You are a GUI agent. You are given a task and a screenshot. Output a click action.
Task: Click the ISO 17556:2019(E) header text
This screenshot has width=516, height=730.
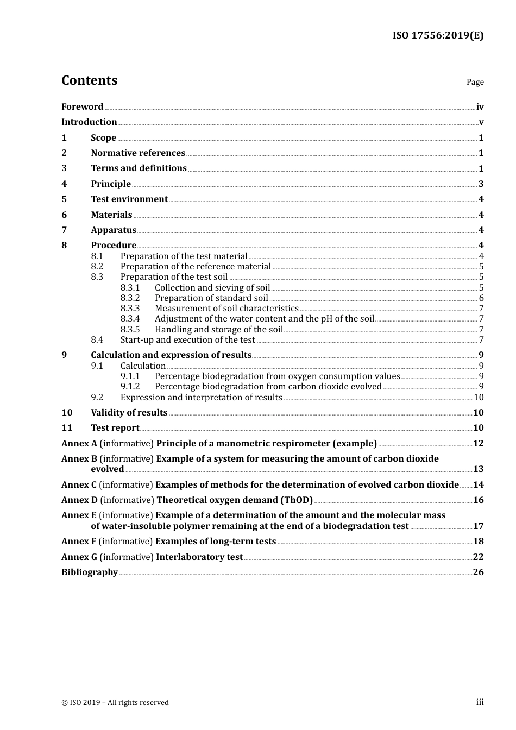(438, 36)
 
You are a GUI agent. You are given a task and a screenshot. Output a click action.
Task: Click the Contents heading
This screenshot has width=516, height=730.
(89, 80)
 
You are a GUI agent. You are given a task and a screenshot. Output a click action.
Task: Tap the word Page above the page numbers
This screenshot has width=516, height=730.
(475, 82)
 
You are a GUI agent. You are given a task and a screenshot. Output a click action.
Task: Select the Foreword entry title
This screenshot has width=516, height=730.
(82, 107)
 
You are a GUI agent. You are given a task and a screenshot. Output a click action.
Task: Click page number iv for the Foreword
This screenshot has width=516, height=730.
(480, 107)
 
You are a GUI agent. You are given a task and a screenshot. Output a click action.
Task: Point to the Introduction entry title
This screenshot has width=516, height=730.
(89, 122)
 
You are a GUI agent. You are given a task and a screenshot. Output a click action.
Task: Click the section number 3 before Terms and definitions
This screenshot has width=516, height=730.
(64, 168)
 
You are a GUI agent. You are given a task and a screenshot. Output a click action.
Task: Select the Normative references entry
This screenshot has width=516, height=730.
(138, 153)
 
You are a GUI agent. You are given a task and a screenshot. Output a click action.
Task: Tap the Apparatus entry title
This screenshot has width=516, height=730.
(114, 230)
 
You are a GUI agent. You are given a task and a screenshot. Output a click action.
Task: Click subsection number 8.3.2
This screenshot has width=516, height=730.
(130, 298)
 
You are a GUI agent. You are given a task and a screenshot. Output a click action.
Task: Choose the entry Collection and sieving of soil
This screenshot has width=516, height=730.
(212, 288)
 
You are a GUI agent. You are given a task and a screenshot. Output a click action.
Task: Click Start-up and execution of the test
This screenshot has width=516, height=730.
(187, 340)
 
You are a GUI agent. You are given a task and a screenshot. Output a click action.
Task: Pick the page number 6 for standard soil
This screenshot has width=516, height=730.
(481, 298)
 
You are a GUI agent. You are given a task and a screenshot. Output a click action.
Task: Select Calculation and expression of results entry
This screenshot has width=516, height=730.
(171, 355)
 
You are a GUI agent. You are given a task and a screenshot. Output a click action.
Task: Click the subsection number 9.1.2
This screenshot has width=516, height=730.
(130, 387)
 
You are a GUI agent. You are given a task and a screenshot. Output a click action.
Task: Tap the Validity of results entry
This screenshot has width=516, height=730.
(129, 413)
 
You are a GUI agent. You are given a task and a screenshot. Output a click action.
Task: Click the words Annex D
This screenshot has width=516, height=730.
(79, 500)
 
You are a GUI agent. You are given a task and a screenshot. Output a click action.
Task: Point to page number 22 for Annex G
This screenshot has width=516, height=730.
(478, 557)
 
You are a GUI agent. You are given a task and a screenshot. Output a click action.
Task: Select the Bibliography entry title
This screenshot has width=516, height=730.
(90, 572)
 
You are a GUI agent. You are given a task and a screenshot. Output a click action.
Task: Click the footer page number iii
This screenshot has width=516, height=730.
(480, 702)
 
